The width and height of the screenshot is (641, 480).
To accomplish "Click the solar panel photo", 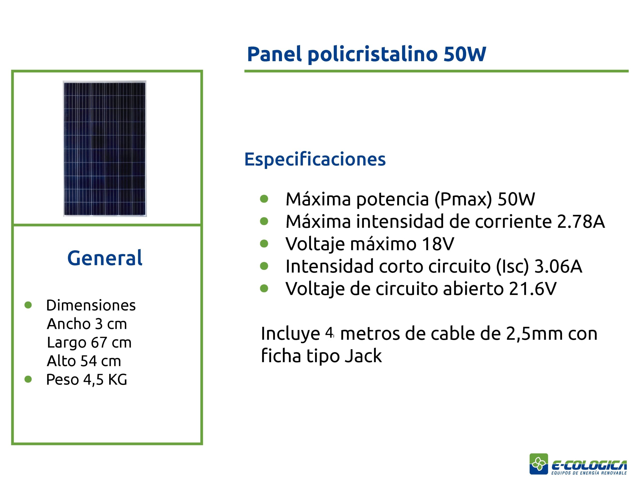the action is (105, 148).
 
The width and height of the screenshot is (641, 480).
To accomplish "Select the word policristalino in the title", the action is (372, 55).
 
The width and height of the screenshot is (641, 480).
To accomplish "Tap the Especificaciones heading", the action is (315, 159).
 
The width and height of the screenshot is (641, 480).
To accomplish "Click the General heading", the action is (105, 258).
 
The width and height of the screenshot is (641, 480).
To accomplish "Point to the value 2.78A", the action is (581, 222).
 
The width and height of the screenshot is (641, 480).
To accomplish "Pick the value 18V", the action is (438, 244).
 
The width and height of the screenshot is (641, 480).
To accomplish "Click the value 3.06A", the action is (558, 266).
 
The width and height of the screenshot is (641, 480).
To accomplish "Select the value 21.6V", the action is (533, 289).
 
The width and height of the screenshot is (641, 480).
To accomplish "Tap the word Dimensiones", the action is (91, 305).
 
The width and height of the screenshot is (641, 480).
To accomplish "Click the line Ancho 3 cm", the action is (87, 324).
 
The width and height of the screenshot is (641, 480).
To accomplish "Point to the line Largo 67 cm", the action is (89, 342).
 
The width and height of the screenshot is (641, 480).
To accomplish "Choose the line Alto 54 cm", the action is (84, 361).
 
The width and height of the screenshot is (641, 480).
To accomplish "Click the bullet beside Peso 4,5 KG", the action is (28, 379).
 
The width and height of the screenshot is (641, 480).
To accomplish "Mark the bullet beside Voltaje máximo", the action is (264, 243).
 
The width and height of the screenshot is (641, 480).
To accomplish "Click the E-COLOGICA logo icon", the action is (539, 464).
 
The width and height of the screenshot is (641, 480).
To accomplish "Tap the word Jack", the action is (363, 356).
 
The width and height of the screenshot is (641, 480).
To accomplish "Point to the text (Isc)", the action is (513, 266).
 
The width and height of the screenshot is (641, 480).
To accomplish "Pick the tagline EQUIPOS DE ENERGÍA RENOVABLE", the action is (589, 473).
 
